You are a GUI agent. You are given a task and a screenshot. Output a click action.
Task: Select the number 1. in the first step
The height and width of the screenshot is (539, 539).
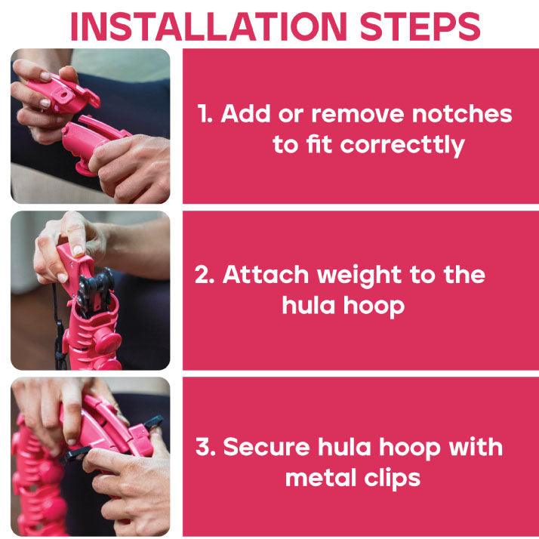(x=205, y=115)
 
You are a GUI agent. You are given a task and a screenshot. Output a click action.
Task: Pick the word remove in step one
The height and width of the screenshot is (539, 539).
(x=360, y=114)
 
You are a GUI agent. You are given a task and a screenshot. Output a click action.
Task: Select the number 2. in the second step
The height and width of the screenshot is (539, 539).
(x=206, y=275)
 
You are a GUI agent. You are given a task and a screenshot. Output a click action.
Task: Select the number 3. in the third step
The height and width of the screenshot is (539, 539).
(x=207, y=446)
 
